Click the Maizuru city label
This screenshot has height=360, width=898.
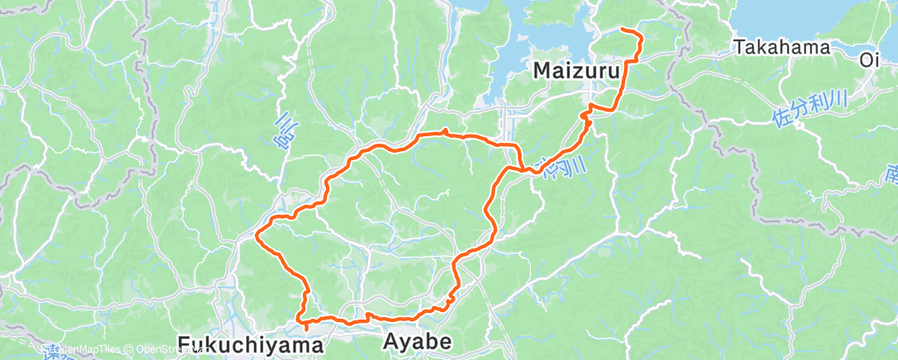point(576,71)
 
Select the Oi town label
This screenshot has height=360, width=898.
point(869,60)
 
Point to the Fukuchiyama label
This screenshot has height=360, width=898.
point(249,344)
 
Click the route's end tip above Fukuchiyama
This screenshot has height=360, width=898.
point(307,329)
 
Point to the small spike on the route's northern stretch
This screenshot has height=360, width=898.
point(445,130)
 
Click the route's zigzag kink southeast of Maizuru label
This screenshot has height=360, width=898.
point(587,115)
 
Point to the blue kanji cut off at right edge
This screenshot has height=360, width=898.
point(892,176)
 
